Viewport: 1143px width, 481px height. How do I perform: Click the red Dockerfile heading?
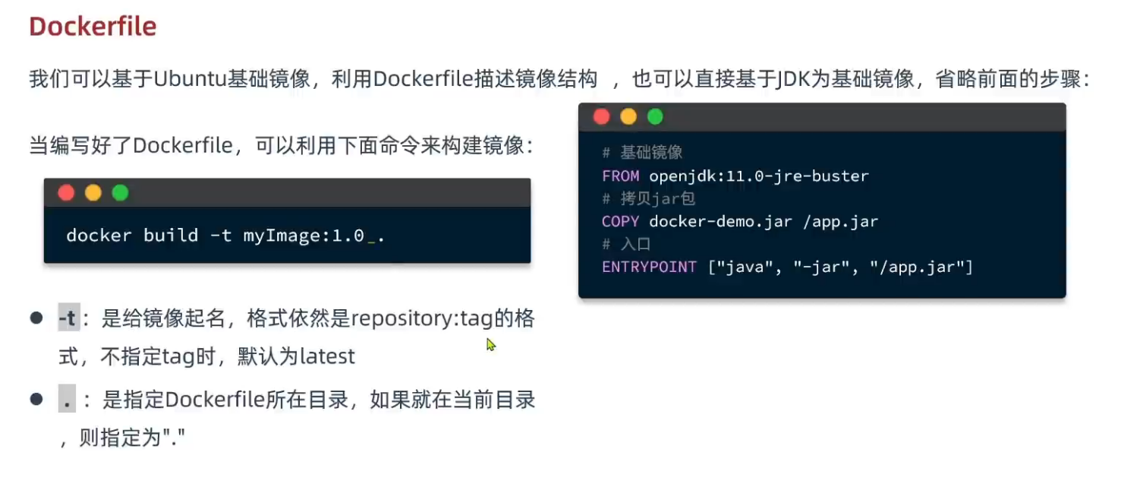point(93,27)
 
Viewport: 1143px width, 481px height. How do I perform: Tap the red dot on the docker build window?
point(66,193)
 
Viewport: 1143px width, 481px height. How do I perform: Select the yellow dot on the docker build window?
point(93,193)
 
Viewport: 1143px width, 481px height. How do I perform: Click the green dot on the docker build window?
point(120,193)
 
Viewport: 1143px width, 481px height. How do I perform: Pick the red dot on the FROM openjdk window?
point(601,117)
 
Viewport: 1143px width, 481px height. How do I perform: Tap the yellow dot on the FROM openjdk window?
point(628,117)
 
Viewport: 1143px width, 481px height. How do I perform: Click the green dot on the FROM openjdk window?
point(655,117)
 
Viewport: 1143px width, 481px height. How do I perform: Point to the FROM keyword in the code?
point(620,176)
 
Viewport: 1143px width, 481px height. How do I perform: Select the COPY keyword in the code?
point(620,222)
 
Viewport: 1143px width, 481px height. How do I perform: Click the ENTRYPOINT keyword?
point(649,267)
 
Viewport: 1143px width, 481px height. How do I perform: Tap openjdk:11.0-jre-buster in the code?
point(759,176)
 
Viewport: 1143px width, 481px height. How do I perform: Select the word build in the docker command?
point(171,236)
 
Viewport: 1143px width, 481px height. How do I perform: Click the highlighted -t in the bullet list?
point(68,319)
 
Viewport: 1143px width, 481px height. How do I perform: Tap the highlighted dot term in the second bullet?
point(68,400)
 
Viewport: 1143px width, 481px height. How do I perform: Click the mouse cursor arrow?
point(490,344)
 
